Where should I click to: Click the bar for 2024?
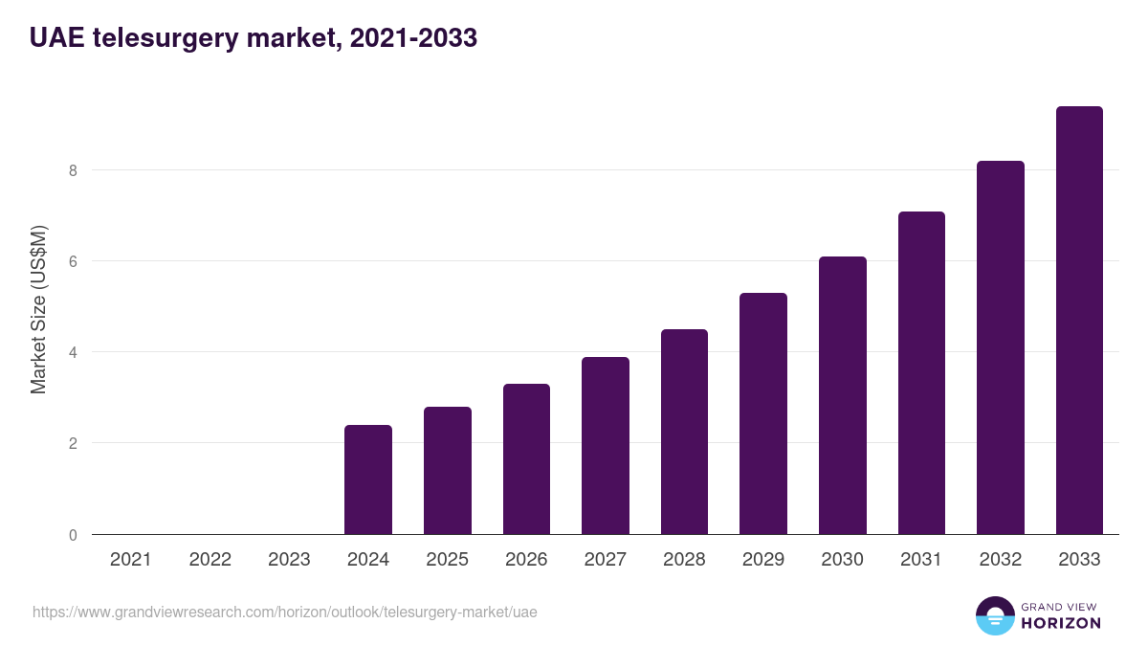(368, 479)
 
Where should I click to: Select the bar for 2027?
(606, 446)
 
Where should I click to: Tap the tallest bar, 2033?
(1079, 321)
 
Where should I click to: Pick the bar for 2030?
(843, 395)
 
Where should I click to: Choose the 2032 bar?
(1001, 347)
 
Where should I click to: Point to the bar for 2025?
(448, 471)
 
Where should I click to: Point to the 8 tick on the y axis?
(72, 170)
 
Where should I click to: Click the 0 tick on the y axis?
(72, 534)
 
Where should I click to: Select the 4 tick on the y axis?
(72, 352)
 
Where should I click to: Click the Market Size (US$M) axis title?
(38, 309)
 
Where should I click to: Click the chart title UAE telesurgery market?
(254, 38)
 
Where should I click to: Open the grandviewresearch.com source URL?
(285, 612)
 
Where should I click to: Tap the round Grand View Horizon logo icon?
(995, 615)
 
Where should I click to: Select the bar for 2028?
(684, 432)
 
